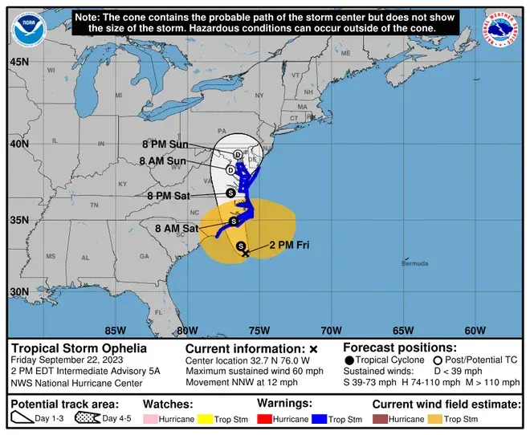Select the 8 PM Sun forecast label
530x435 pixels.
pyautogui.click(x=165, y=144)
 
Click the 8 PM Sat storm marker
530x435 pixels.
pyautogui.click(x=230, y=193)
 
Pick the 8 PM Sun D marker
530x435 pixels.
pyautogui.click(x=238, y=154)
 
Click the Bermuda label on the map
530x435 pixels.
pyautogui.click(x=414, y=263)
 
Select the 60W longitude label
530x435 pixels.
pyautogui.click(x=475, y=330)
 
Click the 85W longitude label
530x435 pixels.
pyautogui.click(x=115, y=330)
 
